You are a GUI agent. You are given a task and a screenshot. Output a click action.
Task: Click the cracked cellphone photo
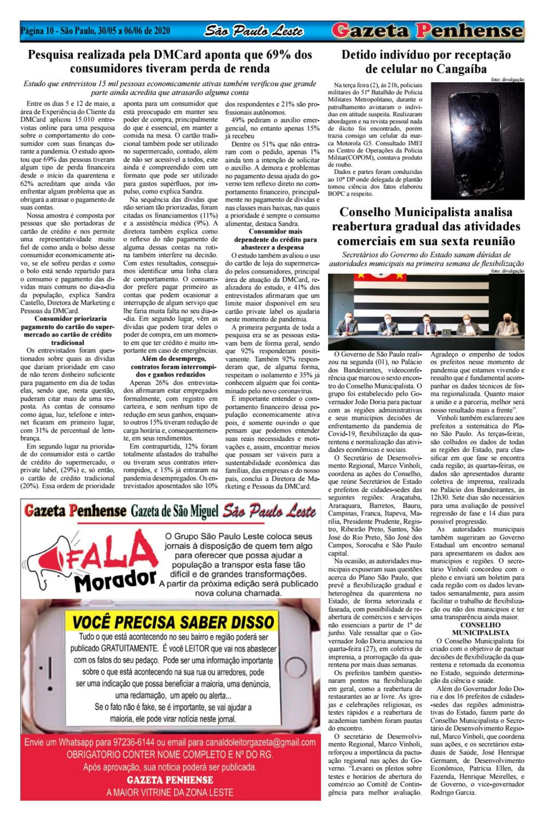pos(477,141)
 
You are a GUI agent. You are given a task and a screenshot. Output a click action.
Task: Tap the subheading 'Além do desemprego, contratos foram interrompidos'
pos(174,367)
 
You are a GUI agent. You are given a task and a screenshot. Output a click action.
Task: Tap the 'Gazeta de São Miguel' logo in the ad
pos(174,511)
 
